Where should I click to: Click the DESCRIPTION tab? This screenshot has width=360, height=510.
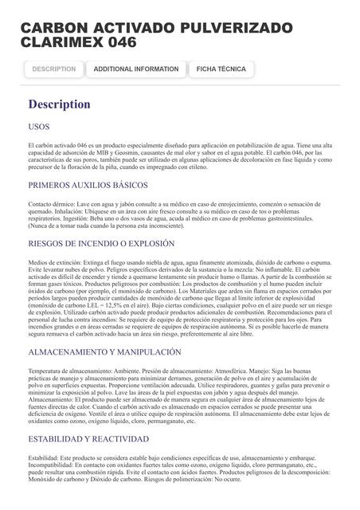click(54, 69)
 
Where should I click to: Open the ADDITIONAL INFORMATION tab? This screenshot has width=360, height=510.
click(136, 69)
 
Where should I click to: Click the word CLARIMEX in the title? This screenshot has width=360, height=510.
click(55, 42)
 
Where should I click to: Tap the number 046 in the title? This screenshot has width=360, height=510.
click(119, 42)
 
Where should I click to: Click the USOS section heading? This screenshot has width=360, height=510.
click(39, 127)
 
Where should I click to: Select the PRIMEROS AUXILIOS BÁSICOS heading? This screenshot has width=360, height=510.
click(88, 185)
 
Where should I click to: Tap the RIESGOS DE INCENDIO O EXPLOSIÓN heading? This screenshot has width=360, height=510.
click(101, 243)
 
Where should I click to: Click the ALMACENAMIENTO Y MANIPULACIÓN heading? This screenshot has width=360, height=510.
click(105, 351)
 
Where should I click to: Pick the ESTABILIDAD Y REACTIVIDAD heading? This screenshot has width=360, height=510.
click(88, 439)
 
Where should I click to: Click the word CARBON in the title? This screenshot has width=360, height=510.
click(53, 28)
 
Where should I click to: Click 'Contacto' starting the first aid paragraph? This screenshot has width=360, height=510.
click(40, 204)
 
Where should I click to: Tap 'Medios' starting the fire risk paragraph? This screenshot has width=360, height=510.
click(37, 262)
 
